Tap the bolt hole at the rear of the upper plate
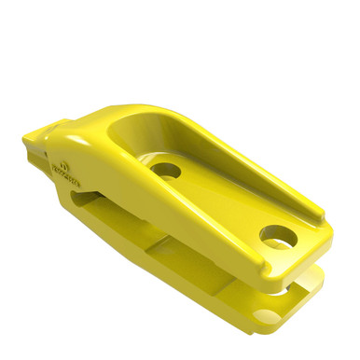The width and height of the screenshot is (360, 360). pyautogui.click(x=276, y=237)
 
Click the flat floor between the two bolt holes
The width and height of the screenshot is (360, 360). pyautogui.click(x=219, y=201)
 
